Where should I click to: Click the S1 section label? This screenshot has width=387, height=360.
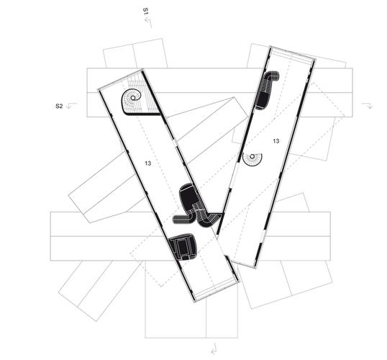point(145,12)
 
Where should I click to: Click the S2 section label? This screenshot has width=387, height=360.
point(59,107)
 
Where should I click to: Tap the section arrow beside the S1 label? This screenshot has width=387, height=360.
point(148,22)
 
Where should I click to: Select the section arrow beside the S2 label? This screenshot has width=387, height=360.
point(72,106)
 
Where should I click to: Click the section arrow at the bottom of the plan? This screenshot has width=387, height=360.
point(214,348)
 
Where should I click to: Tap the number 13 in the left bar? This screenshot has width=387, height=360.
point(148,163)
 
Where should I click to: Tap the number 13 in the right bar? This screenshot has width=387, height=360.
point(276,141)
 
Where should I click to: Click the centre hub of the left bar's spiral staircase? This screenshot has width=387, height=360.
point(133,98)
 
